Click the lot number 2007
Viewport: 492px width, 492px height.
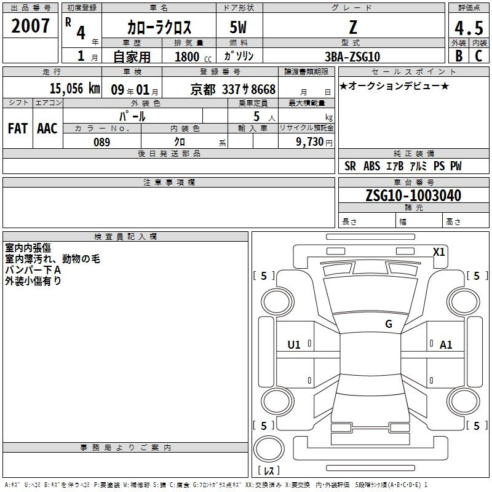point(30,26)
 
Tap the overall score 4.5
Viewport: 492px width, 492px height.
point(469,28)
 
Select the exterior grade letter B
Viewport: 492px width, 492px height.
point(459,56)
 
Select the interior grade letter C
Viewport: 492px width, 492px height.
point(478,56)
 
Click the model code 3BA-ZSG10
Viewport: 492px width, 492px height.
point(352,57)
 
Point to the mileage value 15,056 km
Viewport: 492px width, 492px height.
point(75,89)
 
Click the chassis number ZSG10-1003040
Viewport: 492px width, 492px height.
point(413,196)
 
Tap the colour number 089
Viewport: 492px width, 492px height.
point(102,142)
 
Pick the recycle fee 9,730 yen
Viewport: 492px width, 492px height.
point(314,142)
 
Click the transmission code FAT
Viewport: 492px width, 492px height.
point(18,129)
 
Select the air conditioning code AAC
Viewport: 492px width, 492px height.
point(47,129)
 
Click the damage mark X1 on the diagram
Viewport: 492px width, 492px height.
point(438,252)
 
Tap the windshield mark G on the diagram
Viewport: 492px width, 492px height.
point(389,324)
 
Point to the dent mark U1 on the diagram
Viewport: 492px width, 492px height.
point(294,345)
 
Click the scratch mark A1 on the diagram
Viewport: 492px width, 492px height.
point(446,345)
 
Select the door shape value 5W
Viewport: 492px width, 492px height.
point(238,27)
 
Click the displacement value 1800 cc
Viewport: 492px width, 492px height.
point(193,57)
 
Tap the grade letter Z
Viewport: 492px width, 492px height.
point(353,27)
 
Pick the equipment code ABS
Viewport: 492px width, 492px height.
point(372,166)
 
